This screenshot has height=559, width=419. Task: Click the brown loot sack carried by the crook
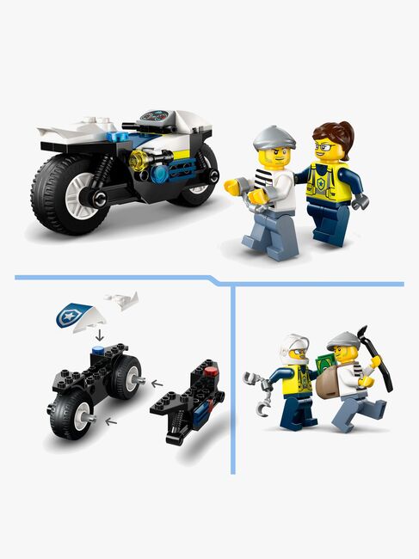pos(332,382)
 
